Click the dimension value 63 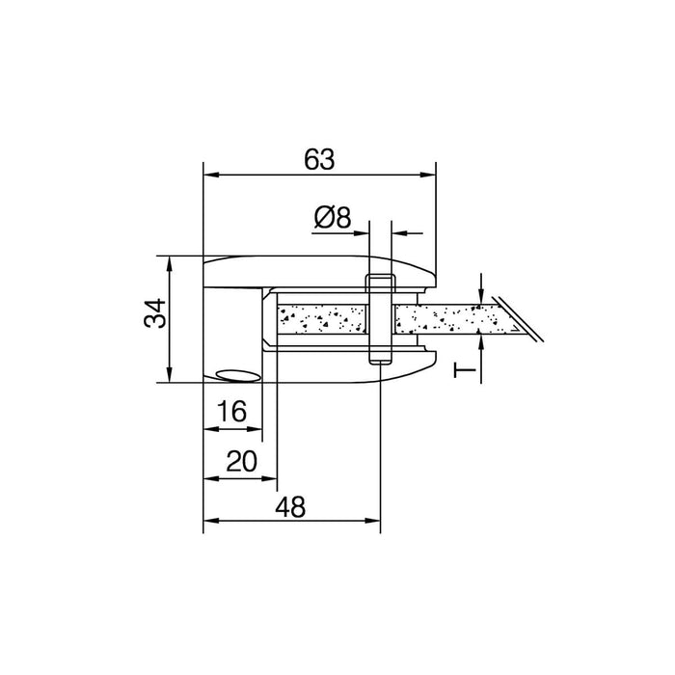tap(319, 159)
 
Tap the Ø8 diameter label tap(333, 217)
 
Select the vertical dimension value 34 tap(155, 313)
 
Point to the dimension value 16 tap(232, 411)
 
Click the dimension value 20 tap(241, 461)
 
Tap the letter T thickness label tap(465, 369)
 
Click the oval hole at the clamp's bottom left tap(238, 375)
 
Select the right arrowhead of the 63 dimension tap(428, 175)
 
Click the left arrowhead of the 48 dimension tap(211, 521)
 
